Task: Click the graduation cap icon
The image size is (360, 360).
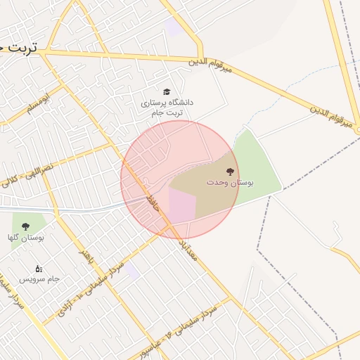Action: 167,92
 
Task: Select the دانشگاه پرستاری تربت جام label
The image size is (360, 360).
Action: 167,108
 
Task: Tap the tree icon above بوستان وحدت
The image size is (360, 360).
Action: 229,171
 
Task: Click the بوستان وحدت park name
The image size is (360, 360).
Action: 230,182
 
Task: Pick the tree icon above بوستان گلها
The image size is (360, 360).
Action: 26,226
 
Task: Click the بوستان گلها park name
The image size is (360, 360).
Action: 26,238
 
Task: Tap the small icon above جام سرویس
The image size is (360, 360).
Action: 39,268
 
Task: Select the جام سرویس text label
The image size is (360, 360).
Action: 39,279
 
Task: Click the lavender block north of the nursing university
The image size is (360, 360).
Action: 172,27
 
